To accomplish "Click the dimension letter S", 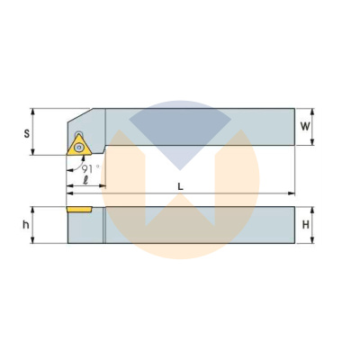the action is coord(27,133).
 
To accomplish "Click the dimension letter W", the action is coord(305,127).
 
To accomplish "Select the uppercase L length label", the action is coord(180,187).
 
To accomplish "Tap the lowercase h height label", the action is coord(26,224).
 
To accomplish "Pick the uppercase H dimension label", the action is coord(306,225).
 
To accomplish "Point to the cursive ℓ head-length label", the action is coord(85,180).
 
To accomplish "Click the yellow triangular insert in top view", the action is coord(78,145).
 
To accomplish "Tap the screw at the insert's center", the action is coord(79,148).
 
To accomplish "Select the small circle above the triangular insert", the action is coord(79,134).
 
